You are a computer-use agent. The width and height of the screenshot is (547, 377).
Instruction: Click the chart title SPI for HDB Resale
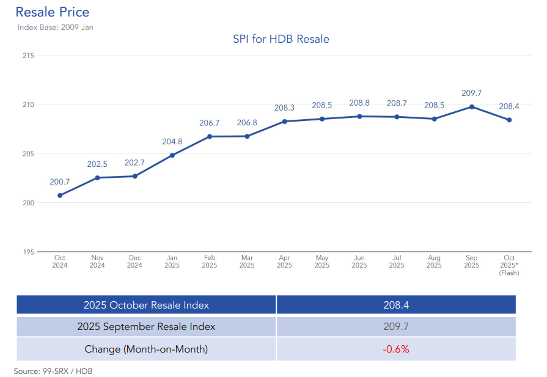[x=281, y=40]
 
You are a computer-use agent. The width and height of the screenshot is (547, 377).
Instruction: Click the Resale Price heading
[x=52, y=12]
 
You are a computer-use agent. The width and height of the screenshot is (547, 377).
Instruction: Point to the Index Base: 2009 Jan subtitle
[x=55, y=27]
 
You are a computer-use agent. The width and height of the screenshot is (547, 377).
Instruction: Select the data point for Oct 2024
[x=60, y=196]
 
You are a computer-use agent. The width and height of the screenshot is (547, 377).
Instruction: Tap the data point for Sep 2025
[x=472, y=106]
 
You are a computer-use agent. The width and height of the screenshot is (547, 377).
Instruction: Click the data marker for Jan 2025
[x=172, y=155]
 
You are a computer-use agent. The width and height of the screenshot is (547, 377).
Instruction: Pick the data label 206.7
[x=210, y=123]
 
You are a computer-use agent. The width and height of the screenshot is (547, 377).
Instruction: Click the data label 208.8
[x=359, y=103]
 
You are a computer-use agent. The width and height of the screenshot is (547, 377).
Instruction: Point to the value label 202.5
[x=97, y=164]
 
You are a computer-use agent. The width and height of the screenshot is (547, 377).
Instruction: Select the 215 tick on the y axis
[x=28, y=56]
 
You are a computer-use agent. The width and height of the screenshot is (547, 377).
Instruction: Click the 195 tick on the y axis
[x=28, y=252]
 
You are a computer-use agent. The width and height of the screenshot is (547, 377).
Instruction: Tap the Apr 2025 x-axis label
[x=284, y=262]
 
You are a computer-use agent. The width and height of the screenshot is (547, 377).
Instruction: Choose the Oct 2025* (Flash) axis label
[x=509, y=265]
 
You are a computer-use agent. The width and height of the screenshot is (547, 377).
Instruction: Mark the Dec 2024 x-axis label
[x=134, y=262]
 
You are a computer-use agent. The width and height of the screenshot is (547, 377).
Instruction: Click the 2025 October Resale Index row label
[x=146, y=305]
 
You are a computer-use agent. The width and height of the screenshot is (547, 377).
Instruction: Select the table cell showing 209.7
[x=396, y=327]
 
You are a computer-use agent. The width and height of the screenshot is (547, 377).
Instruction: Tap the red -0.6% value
[x=396, y=350]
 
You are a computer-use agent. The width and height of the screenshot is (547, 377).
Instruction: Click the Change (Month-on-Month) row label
[x=146, y=350]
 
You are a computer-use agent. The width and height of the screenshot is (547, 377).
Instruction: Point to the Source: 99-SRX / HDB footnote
[x=53, y=371]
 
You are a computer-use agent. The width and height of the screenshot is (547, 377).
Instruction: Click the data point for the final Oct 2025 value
[x=509, y=120]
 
